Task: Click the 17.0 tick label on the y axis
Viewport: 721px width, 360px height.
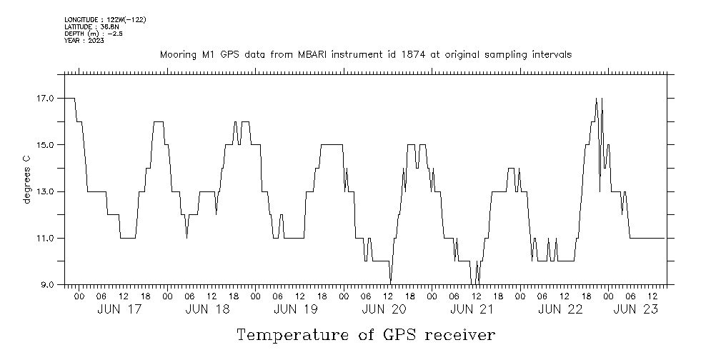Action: pos(46,99)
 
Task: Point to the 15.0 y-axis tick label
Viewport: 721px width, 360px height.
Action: pos(46,145)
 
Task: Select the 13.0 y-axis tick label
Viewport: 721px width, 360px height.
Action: pos(46,191)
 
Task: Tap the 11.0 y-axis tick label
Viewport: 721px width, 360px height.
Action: pos(46,238)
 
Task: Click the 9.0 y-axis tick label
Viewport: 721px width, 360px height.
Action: pos(49,285)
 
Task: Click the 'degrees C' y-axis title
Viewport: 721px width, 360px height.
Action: pos(27,179)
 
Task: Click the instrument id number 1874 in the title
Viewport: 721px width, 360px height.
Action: pos(420,55)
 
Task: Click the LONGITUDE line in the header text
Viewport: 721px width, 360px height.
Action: pos(105,20)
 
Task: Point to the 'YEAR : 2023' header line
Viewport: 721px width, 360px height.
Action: pos(84,41)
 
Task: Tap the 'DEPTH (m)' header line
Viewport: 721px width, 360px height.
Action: pos(93,34)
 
